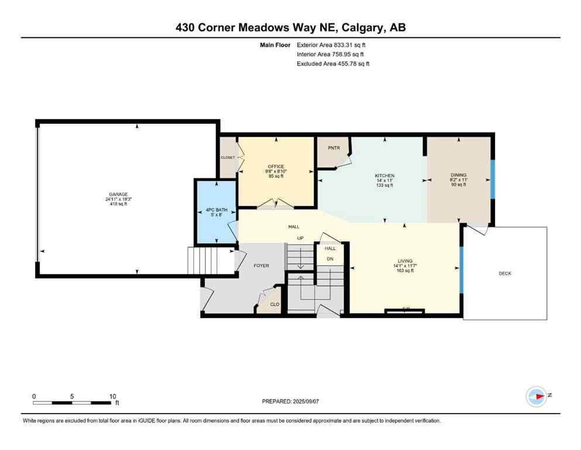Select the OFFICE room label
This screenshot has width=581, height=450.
(276, 166)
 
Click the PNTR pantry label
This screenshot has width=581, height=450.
(334, 148)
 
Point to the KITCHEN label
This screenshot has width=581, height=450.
(384, 176)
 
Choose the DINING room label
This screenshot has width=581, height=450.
(458, 175)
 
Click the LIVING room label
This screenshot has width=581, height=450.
(405, 261)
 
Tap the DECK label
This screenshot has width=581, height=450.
(505, 273)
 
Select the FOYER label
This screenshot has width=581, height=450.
(261, 265)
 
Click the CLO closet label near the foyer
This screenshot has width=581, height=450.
(274, 304)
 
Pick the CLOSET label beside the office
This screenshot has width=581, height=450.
(228, 158)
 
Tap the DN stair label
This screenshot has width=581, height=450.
(330, 258)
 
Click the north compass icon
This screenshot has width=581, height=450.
(537, 397)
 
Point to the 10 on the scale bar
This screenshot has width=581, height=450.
(112, 396)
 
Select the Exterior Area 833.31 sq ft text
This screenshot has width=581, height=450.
(333, 45)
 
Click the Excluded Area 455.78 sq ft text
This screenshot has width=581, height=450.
(333, 63)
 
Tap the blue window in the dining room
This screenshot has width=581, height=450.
(492, 180)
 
